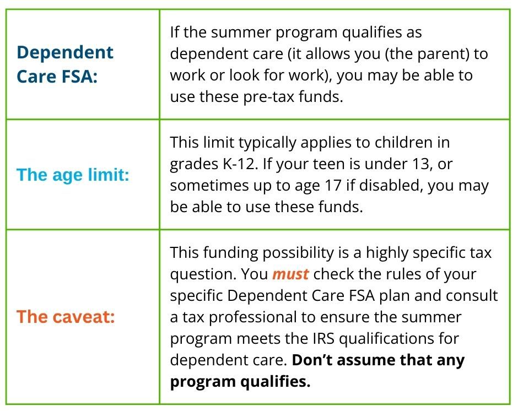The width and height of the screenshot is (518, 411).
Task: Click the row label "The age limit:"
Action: click(x=73, y=175)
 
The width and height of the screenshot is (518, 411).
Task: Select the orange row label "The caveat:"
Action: click(x=66, y=317)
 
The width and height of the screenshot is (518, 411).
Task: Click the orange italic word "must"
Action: click(x=290, y=274)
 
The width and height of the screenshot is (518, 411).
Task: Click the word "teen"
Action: click(x=314, y=164)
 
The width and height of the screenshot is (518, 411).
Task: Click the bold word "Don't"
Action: click(x=311, y=360)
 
